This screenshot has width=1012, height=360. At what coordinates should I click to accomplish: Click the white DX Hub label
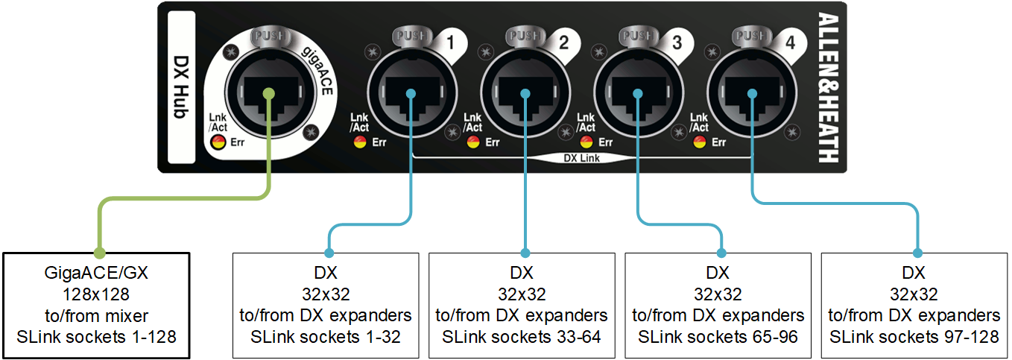(181, 86)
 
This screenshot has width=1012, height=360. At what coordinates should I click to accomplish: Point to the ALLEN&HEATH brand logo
(828, 86)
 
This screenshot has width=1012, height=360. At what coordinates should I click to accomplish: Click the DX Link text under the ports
(581, 158)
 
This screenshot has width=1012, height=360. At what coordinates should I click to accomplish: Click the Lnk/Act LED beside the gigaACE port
(218, 142)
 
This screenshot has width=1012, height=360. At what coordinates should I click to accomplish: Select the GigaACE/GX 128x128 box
(96, 305)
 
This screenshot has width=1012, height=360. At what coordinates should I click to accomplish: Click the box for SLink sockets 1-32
(328, 305)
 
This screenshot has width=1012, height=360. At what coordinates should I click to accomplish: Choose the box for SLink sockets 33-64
(525, 305)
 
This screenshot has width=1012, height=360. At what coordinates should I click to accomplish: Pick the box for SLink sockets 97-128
(914, 305)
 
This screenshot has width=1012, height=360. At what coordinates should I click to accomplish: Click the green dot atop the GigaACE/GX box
(98, 253)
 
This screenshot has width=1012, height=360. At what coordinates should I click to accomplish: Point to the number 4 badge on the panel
(790, 43)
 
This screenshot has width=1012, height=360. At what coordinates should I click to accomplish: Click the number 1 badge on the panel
(450, 43)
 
